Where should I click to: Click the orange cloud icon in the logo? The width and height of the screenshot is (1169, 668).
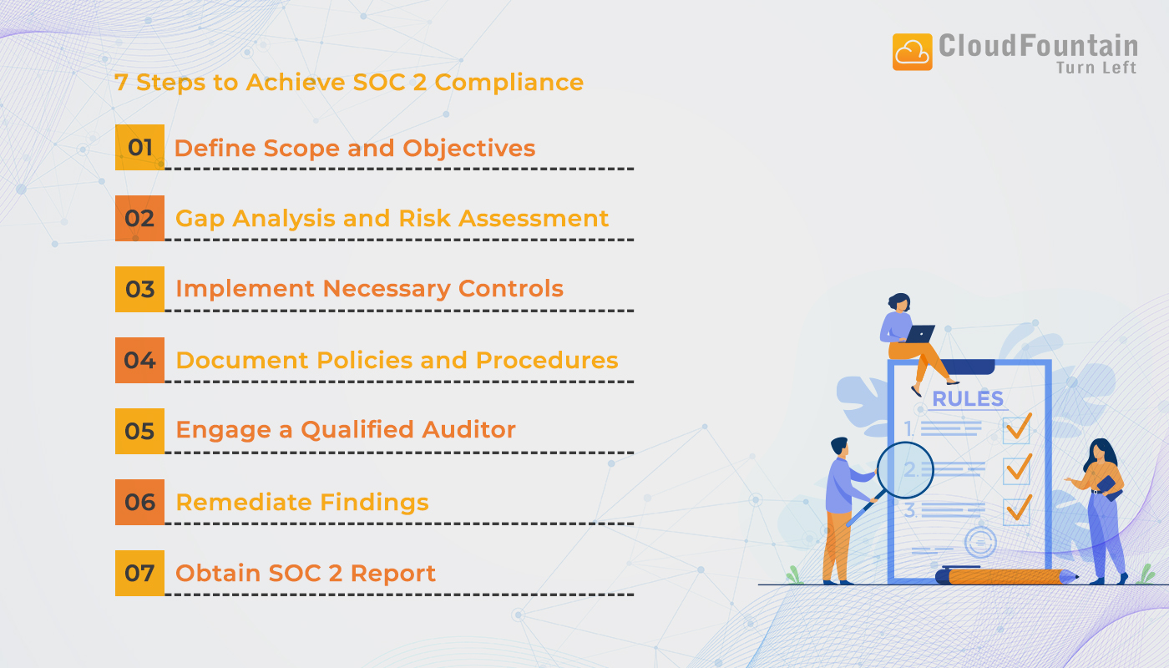(912, 52)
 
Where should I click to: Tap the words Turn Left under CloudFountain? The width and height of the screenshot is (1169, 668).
(1096, 68)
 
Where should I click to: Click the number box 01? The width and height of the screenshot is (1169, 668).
(140, 148)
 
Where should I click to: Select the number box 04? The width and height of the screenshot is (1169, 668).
(140, 361)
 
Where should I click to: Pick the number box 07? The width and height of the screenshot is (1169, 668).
(140, 574)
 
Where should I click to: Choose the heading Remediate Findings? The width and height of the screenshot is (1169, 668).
(301, 503)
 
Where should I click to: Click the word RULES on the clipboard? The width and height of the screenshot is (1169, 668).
(968, 399)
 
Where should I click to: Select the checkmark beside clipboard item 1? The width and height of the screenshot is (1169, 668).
(1017, 428)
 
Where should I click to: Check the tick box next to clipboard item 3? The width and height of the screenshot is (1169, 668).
(1017, 509)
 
